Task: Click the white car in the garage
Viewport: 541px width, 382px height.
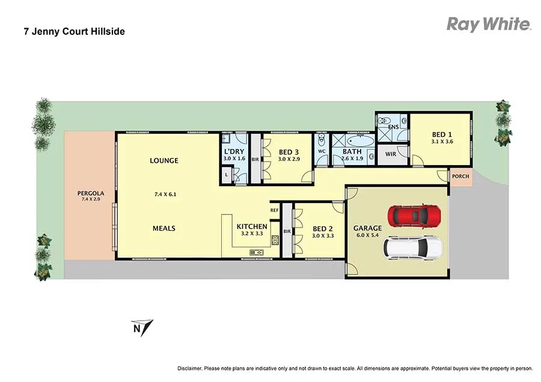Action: pyautogui.click(x=414, y=246)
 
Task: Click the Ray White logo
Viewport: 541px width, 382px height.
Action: pyautogui.click(x=488, y=24)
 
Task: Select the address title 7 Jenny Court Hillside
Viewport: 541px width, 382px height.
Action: pyautogui.click(x=75, y=31)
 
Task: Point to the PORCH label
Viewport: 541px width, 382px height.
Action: pyautogui.click(x=460, y=177)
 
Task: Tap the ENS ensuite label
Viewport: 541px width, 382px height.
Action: pyautogui.click(x=393, y=127)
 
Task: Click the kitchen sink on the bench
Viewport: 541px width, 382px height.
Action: pyautogui.click(x=257, y=252)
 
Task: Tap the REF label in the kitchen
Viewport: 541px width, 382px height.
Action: pyautogui.click(x=274, y=210)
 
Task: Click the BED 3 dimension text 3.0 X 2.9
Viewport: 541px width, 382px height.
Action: pyautogui.click(x=289, y=159)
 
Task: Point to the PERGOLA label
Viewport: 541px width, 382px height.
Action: pyautogui.click(x=91, y=193)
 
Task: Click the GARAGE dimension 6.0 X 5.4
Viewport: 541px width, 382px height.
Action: pyautogui.click(x=367, y=236)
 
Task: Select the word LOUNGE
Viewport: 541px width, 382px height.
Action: pyautogui.click(x=164, y=160)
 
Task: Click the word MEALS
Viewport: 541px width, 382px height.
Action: pyautogui.click(x=164, y=228)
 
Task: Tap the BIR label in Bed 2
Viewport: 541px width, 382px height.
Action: pyautogui.click(x=287, y=231)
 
